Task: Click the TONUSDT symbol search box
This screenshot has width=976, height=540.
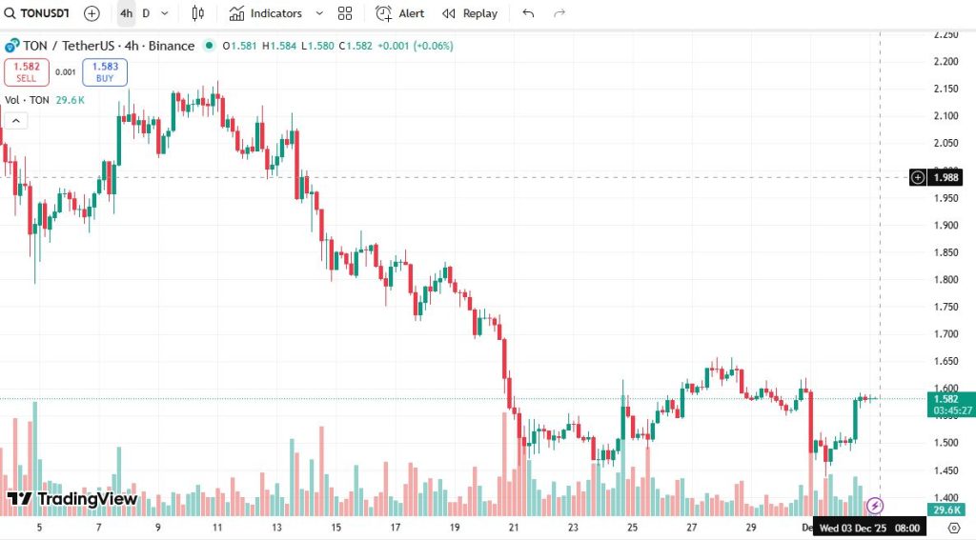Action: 37,13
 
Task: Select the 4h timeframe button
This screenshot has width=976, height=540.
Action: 126,13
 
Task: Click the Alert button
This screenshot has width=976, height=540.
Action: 400,13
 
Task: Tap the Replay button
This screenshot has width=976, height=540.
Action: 470,13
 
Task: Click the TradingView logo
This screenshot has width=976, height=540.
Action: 72,499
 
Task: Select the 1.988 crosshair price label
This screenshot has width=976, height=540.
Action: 945,177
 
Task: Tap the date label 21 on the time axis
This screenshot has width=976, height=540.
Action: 515,527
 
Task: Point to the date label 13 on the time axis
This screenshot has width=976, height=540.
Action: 277,527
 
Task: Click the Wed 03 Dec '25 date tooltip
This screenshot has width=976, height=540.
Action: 867,527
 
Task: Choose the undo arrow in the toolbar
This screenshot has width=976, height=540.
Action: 529,13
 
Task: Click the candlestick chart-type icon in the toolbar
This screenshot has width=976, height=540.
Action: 197,13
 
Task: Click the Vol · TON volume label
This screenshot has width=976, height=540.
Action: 27,100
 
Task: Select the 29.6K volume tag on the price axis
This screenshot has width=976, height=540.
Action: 945,510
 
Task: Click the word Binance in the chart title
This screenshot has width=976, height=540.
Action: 172,46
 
